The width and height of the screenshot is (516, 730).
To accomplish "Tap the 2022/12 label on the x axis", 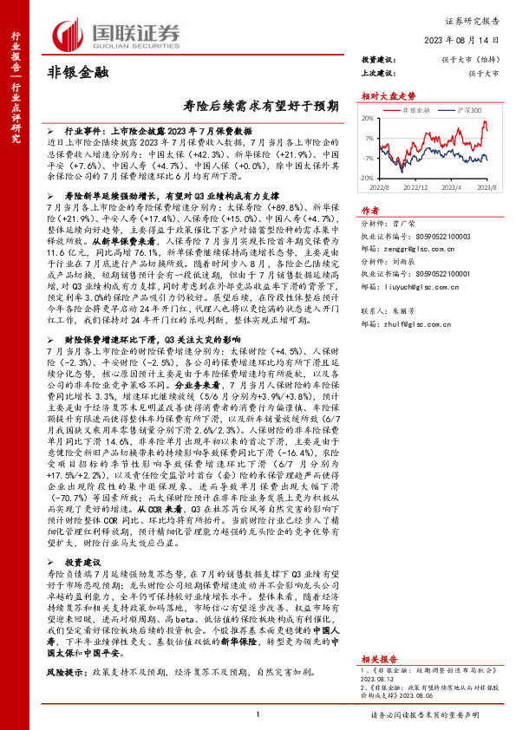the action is [x=415, y=186].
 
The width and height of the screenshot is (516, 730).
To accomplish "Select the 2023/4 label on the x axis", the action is [x=453, y=186].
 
